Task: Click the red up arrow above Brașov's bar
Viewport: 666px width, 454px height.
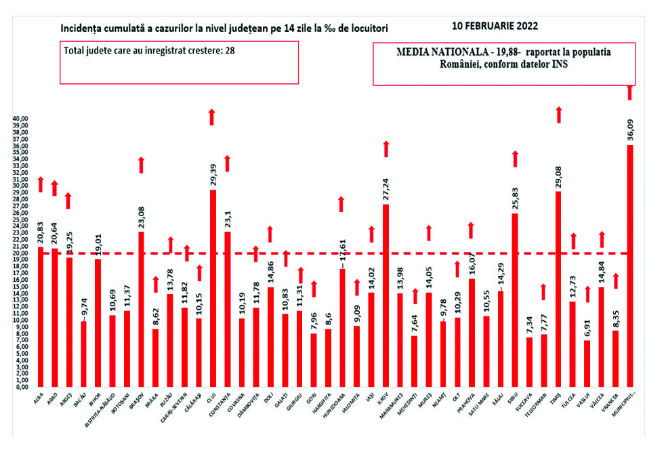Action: pos(140,165)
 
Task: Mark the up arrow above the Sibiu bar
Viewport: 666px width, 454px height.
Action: pos(515,159)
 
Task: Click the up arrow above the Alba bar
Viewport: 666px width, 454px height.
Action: pos(40,184)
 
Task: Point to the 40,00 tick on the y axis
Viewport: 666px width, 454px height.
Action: pos(20,119)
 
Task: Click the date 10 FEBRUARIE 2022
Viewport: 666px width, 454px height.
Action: pos(495,26)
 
